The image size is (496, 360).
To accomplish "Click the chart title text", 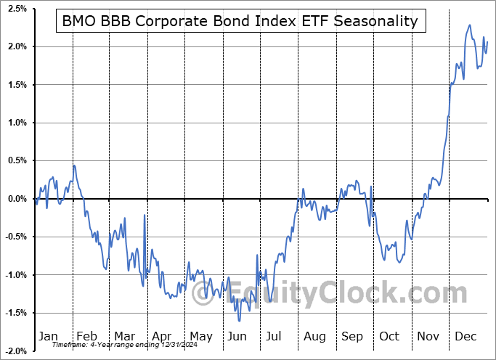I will coord(240,21).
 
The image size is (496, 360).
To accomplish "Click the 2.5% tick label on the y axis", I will coord(16,9).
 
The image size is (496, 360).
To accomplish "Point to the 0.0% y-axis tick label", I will coord(16,199).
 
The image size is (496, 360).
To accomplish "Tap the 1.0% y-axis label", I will coord(16,123).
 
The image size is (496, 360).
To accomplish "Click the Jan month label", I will coord(47,336).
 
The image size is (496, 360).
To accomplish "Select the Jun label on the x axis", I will coord(237,336).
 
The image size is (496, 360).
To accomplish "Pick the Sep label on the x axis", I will coord(352,336).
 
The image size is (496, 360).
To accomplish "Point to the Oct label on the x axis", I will coord(390,336).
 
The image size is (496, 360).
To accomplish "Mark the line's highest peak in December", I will coord(469,25).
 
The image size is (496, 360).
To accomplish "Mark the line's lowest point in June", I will coord(239,320).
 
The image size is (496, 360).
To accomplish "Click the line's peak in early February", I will coord(74,165).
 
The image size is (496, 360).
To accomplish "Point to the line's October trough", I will coord(399,262).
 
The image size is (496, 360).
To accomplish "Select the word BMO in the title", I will coord(78,21).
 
